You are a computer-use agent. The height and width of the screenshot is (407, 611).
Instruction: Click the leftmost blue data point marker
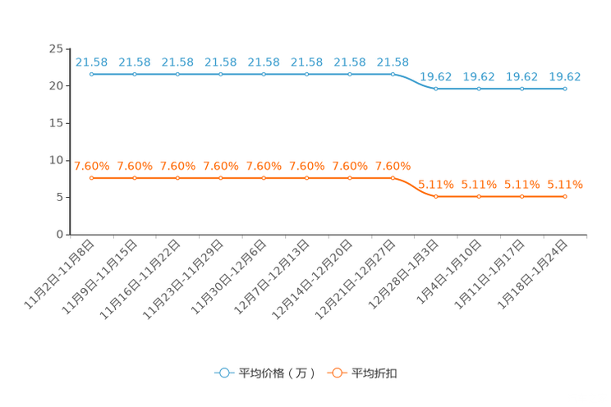point(92,74)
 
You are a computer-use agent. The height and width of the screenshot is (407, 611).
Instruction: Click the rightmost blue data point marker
point(565,88)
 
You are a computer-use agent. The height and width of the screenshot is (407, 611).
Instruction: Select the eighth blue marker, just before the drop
point(393,74)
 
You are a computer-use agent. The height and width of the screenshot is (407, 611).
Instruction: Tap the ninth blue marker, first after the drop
point(435,88)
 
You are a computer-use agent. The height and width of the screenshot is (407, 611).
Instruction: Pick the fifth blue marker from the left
point(264,74)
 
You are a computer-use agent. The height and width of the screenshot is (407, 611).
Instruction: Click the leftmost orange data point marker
point(92,177)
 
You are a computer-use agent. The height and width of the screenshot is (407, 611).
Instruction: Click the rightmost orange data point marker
point(565,196)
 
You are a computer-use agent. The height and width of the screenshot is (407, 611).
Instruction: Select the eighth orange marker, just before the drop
point(393,177)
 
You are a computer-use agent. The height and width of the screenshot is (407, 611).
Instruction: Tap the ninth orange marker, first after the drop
point(435,196)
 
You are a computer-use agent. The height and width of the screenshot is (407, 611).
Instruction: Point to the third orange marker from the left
point(177,177)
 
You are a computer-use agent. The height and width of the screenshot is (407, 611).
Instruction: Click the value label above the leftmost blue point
point(92,62)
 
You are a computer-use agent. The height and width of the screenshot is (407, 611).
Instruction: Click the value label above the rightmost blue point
point(565,76)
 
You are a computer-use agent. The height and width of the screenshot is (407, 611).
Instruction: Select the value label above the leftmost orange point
point(92,165)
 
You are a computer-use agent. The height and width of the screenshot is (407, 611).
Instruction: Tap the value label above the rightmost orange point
point(565,184)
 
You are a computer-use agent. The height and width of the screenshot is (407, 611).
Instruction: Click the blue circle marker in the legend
point(223,373)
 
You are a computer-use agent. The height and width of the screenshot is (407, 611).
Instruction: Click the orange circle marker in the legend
point(335,373)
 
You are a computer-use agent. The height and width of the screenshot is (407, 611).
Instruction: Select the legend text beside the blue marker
point(276,373)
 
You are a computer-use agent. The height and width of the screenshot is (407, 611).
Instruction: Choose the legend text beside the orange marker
point(374,373)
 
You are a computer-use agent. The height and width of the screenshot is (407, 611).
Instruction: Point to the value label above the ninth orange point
point(435,184)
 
